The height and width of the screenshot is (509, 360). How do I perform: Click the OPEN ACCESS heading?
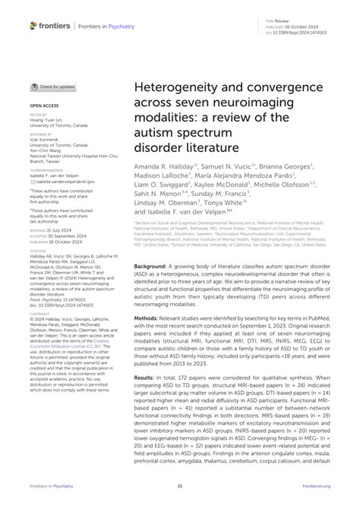click(43, 106)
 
